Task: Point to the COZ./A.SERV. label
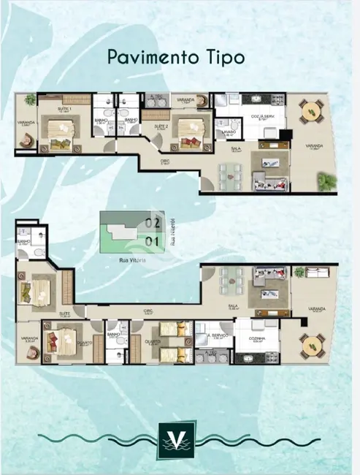[262, 116]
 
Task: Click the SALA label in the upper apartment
[236, 147]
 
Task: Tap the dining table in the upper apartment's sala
[229, 175]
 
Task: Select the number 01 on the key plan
[153, 239]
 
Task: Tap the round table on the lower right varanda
[314, 342]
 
